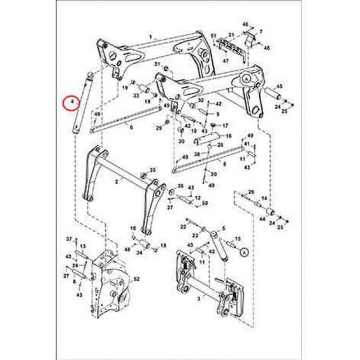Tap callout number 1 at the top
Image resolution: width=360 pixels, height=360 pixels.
point(151,36)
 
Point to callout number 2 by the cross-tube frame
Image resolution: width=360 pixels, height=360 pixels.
point(117,182)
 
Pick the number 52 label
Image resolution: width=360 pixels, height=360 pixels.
point(137,279)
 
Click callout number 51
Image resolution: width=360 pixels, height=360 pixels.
point(214,35)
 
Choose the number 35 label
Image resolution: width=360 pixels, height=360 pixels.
point(153,170)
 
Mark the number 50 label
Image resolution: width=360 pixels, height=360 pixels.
point(205,203)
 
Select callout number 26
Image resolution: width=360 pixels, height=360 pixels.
point(251,192)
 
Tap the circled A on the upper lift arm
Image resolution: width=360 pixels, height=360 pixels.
point(246,78)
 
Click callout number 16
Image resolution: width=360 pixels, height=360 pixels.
point(229,135)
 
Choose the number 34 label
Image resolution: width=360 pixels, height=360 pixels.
point(139,252)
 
